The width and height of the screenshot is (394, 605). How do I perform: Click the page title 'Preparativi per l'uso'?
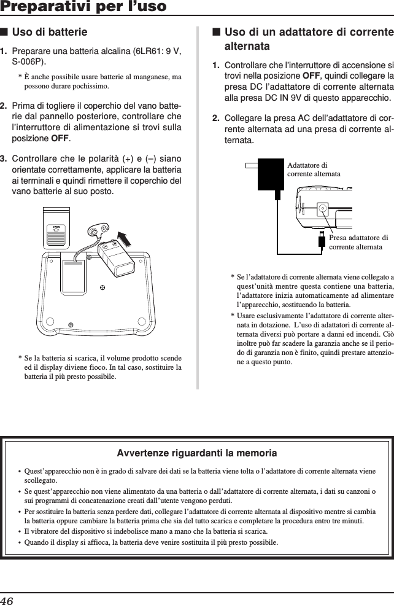coord(83,7)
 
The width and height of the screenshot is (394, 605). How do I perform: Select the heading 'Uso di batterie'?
coord(59,31)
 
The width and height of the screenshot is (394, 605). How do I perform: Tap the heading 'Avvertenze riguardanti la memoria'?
coord(196,453)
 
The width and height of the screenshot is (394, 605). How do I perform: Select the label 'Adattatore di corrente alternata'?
coord(313,170)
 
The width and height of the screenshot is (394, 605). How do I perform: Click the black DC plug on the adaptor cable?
coord(321,240)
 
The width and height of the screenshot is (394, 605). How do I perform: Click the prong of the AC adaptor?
coord(252,165)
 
